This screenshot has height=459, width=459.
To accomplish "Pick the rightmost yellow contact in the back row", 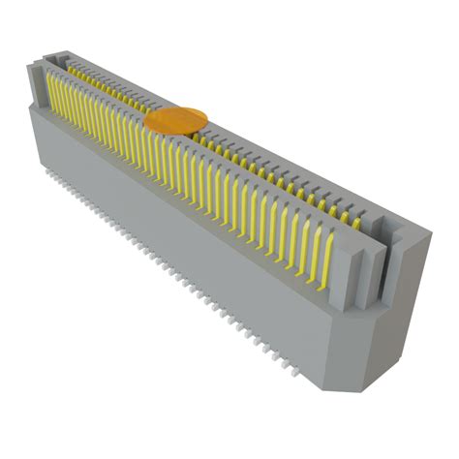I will click(355, 222).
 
